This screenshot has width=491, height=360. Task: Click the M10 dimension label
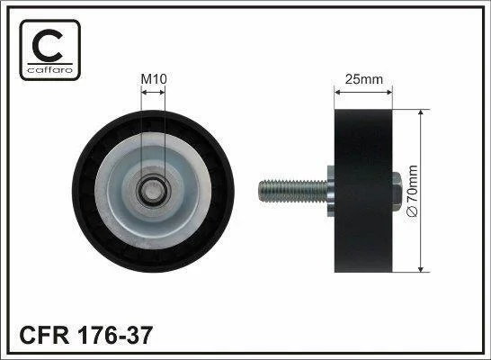154,79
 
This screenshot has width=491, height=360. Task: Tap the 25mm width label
364,79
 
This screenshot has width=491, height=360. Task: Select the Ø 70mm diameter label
412,191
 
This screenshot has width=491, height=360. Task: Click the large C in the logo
48,45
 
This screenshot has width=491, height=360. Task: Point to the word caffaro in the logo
50,69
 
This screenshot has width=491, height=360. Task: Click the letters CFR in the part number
44,335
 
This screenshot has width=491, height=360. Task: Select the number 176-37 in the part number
115,335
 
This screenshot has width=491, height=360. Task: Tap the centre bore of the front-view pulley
153,190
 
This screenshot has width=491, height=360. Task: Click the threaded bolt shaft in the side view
293,191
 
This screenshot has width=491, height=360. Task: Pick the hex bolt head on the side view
397,191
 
